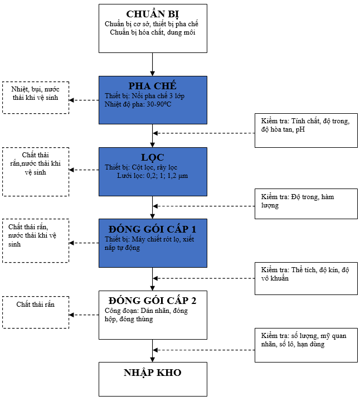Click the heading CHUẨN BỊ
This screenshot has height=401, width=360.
[x=153, y=15]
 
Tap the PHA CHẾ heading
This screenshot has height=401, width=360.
[x=153, y=86]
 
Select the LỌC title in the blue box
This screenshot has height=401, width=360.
[x=153, y=157]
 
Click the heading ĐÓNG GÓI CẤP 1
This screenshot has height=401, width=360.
[x=153, y=229]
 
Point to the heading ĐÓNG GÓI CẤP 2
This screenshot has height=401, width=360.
[x=153, y=301]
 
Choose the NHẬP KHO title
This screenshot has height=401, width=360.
[x=153, y=373]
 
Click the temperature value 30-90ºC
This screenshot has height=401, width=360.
[x=159, y=104]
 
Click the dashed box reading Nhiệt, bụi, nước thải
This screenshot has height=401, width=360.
[x=36, y=98]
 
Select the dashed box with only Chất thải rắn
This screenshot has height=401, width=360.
[x=36, y=312]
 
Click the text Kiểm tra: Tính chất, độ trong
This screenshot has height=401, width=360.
[x=305, y=121]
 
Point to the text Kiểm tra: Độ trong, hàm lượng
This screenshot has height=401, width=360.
[x=298, y=201]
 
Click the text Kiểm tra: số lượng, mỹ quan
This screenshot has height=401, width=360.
[x=304, y=336]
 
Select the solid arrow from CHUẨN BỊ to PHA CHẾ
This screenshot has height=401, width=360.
[x=153, y=65]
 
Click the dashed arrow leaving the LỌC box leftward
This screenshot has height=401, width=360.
[x=84, y=170]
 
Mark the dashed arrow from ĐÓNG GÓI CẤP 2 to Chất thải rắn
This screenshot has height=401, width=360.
[x=84, y=315]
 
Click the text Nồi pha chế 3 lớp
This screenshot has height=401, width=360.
[x=158, y=96]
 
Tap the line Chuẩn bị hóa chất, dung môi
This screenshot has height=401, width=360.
[x=153, y=32]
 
